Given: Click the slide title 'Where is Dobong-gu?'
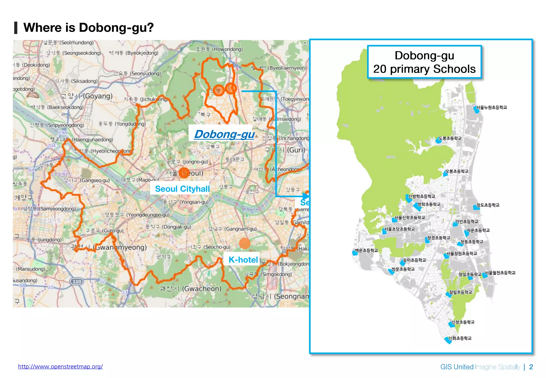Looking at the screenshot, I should [x=89, y=27].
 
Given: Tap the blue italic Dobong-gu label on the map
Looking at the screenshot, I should [x=224, y=134].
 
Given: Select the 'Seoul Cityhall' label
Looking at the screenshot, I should [x=182, y=189].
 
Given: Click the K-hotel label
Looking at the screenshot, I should [x=243, y=259].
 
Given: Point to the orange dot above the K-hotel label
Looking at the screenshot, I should [x=244, y=243].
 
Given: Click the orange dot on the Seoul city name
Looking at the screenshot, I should [x=184, y=173].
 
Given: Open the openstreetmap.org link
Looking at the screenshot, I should [x=61, y=367].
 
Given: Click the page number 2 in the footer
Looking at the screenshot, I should [x=531, y=367].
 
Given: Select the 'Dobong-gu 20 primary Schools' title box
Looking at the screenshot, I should [x=424, y=62].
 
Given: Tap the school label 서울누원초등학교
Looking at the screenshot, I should [x=491, y=107].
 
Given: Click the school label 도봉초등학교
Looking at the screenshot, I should [x=450, y=138].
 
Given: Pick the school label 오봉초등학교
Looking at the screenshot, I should [x=457, y=171].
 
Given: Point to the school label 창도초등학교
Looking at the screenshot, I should [x=488, y=205].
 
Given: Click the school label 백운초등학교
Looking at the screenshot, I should [x=366, y=250].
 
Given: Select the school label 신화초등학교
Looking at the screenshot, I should [x=460, y=338].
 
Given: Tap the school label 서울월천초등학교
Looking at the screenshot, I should [x=500, y=273].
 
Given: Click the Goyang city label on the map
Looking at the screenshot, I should [x=86, y=96].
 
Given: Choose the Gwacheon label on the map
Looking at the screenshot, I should [x=190, y=288].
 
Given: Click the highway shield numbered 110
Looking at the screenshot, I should [x=77, y=281].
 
